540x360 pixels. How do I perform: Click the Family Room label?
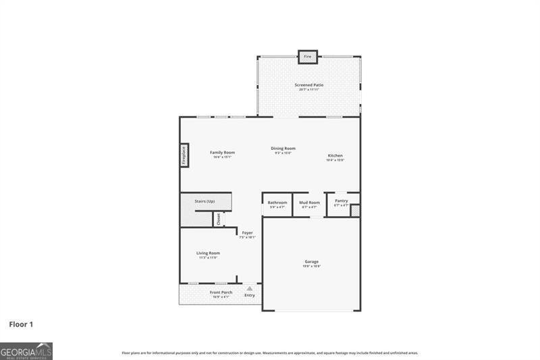pyautogui.click(x=222, y=153)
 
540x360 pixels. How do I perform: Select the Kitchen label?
pyautogui.click(x=335, y=156)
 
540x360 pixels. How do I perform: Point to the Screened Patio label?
pyautogui.click(x=308, y=85)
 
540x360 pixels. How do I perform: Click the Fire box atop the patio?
pyautogui.click(x=308, y=57)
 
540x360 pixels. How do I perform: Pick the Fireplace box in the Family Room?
pyautogui.click(x=184, y=155)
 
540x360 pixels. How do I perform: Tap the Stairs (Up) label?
pyautogui.click(x=205, y=201)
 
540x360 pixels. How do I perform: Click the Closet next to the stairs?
pyautogui.click(x=218, y=219)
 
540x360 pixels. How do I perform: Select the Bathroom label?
pyautogui.click(x=277, y=203)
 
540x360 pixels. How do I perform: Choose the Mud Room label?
pyautogui.click(x=310, y=203)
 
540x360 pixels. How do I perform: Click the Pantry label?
pyautogui.click(x=341, y=201)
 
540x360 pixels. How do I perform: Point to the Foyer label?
pyautogui.click(x=248, y=234)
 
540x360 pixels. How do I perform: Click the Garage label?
pyautogui.click(x=311, y=261)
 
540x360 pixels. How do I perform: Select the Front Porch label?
pyautogui.click(x=222, y=292)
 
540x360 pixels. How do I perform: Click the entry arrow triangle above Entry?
pyautogui.click(x=249, y=288)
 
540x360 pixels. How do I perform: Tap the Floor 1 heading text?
pyautogui.click(x=21, y=324)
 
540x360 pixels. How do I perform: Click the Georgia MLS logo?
pyautogui.click(x=26, y=351)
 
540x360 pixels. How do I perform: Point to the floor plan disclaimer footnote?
pyautogui.click(x=269, y=353)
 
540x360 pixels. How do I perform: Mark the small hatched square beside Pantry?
pyautogui.click(x=355, y=209)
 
